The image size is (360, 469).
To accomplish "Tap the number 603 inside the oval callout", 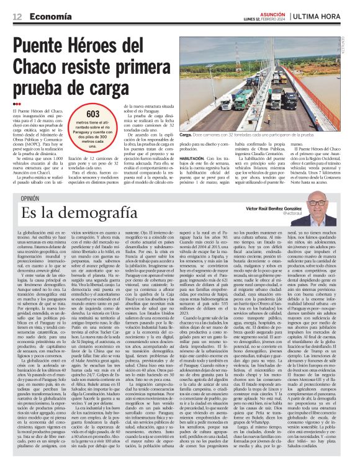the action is point(93,115).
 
